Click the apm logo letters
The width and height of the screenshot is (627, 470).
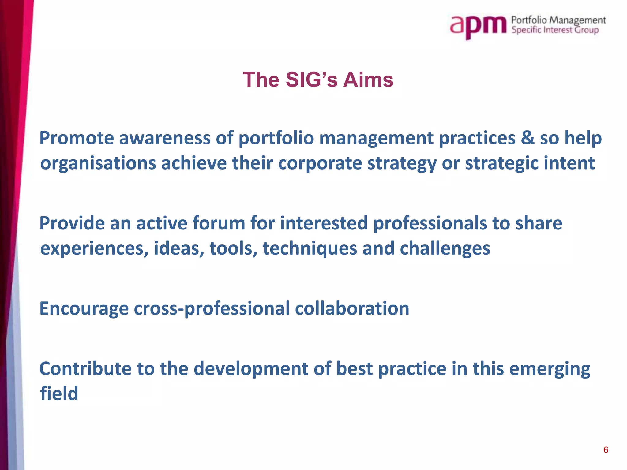(478, 26)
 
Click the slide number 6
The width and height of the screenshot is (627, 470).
(606, 450)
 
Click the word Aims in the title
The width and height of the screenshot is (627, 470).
(368, 80)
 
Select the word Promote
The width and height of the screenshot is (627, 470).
(77, 138)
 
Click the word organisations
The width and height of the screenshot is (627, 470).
(98, 163)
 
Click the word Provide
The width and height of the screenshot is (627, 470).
(72, 223)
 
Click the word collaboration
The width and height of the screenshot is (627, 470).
(352, 308)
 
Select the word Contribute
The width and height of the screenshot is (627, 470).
(85, 368)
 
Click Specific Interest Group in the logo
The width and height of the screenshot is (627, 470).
(555, 30)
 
